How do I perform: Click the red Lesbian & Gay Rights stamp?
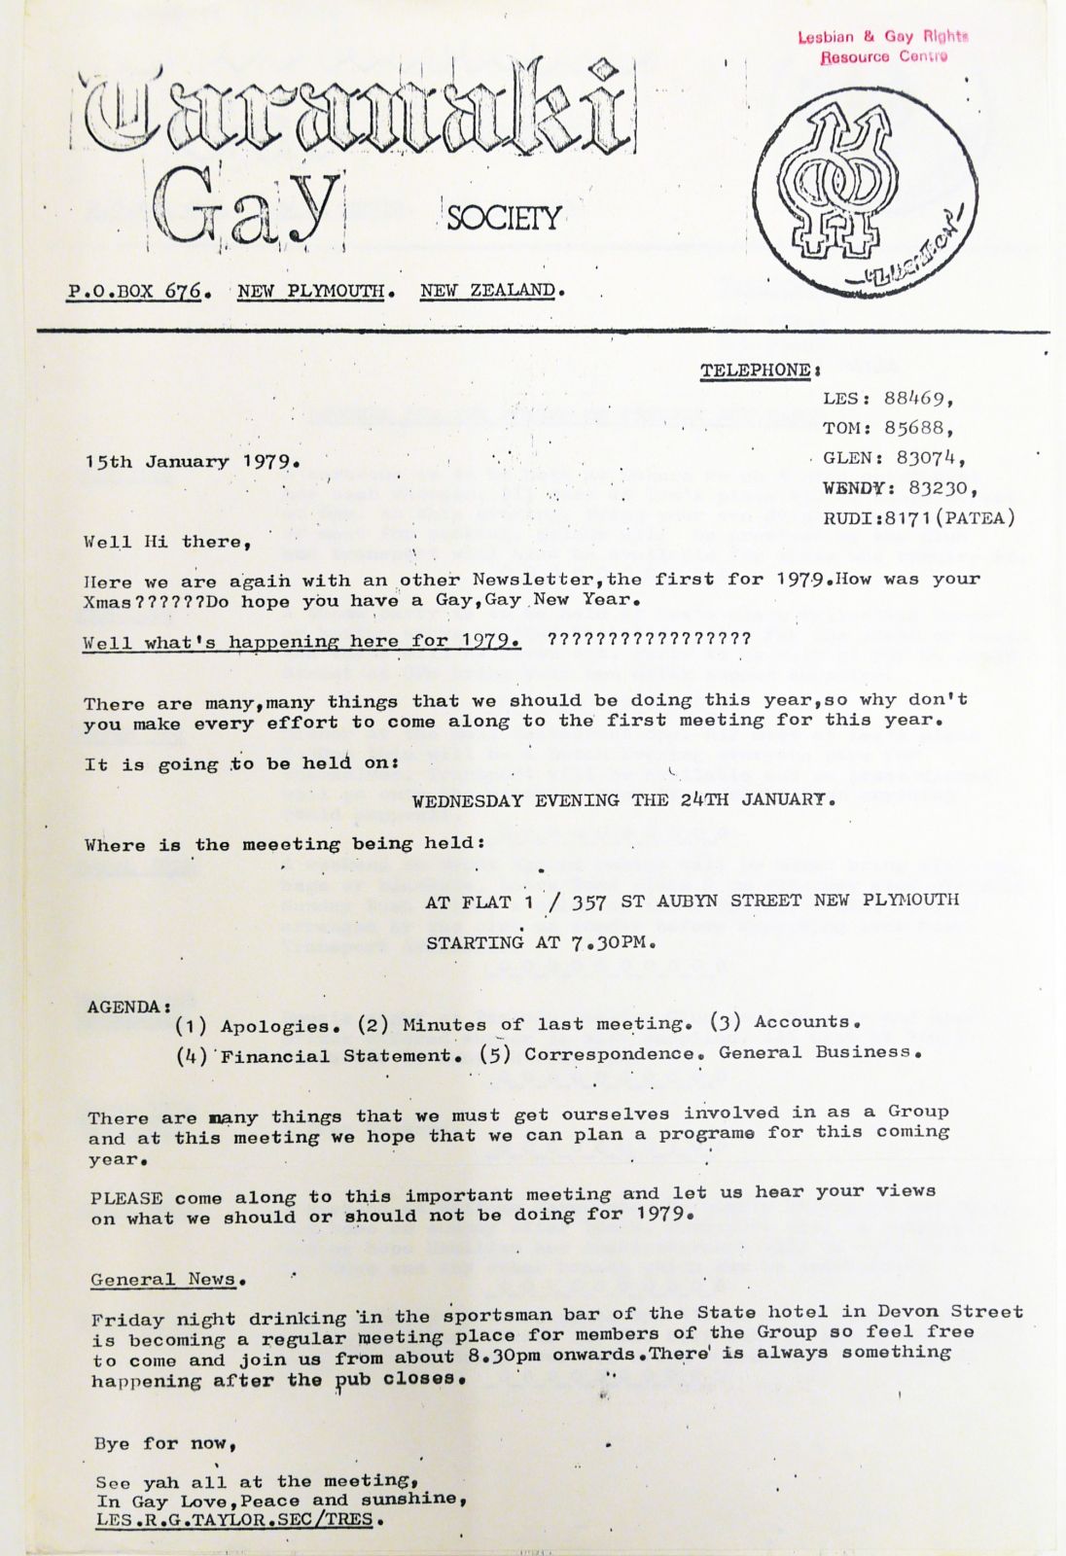click(x=883, y=47)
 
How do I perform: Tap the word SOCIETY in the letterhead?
click(x=504, y=217)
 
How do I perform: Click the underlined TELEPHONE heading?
click(x=756, y=371)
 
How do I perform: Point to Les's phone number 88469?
click(x=917, y=398)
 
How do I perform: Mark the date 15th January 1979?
click(x=192, y=462)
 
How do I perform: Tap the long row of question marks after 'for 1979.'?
click(x=650, y=639)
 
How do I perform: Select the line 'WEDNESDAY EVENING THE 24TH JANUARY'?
click(x=622, y=800)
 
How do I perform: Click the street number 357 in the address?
click(x=589, y=902)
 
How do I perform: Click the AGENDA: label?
click(x=129, y=1007)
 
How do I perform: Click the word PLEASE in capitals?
click(x=126, y=1197)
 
